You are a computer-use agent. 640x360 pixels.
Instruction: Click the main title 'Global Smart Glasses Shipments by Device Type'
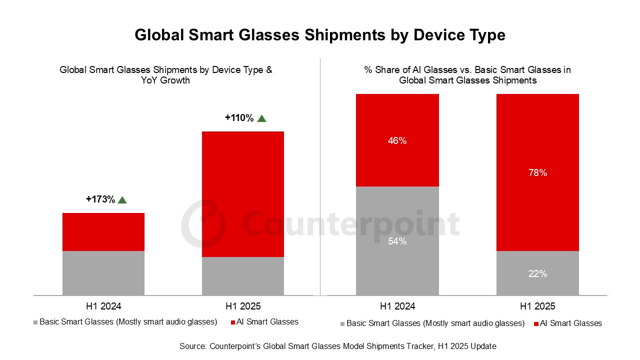coord(320,35)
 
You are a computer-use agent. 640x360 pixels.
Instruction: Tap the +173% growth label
coord(100,199)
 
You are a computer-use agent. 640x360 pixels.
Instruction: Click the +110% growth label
coord(239,118)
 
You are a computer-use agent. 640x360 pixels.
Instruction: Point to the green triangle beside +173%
coord(122,200)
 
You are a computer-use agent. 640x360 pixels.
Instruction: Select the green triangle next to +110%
coord(261,118)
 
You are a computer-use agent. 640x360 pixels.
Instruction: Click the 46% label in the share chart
coord(397,141)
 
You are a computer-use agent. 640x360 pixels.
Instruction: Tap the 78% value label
coord(537,173)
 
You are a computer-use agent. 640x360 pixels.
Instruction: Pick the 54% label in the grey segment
coord(397,241)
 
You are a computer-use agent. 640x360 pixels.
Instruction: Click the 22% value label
coord(537,274)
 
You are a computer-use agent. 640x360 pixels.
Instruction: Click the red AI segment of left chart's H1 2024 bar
coord(103,232)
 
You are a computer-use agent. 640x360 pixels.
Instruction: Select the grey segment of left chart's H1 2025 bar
coord(243,276)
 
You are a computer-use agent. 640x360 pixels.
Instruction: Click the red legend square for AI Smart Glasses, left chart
coord(233,322)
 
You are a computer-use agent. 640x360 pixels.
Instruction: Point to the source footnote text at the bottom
coord(338,346)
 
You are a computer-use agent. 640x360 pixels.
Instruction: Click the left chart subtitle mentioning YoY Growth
coord(166,75)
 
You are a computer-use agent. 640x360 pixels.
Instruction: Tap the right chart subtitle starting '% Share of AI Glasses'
coord(467,75)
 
